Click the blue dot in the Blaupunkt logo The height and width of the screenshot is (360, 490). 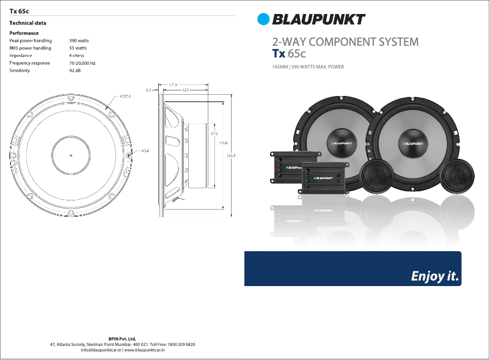pyautogui.click(x=263, y=20)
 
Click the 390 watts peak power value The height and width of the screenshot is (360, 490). pyautogui.click(x=79, y=40)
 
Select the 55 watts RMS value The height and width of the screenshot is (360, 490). pyautogui.click(x=78, y=48)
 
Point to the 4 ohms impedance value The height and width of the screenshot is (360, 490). pyautogui.click(x=76, y=56)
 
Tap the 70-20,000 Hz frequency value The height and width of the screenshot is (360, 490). pyautogui.click(x=82, y=63)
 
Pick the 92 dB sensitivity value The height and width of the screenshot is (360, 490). pyautogui.click(x=75, y=71)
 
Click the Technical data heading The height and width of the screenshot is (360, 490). pyautogui.click(x=27, y=23)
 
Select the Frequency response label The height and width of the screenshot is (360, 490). pyautogui.click(x=29, y=63)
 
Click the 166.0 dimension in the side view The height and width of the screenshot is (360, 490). pyautogui.click(x=231, y=156)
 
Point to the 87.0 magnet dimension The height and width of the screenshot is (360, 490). pyautogui.click(x=214, y=133)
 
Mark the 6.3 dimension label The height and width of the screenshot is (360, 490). pyautogui.click(x=148, y=90)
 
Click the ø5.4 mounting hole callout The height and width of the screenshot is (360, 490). pyautogui.click(x=145, y=150)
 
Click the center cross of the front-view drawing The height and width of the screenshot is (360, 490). pyautogui.click(x=70, y=156)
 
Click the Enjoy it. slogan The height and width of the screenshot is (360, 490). pyautogui.click(x=434, y=276)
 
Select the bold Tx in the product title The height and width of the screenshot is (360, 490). pyautogui.click(x=279, y=54)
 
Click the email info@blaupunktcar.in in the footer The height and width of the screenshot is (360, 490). pyautogui.click(x=101, y=350)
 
